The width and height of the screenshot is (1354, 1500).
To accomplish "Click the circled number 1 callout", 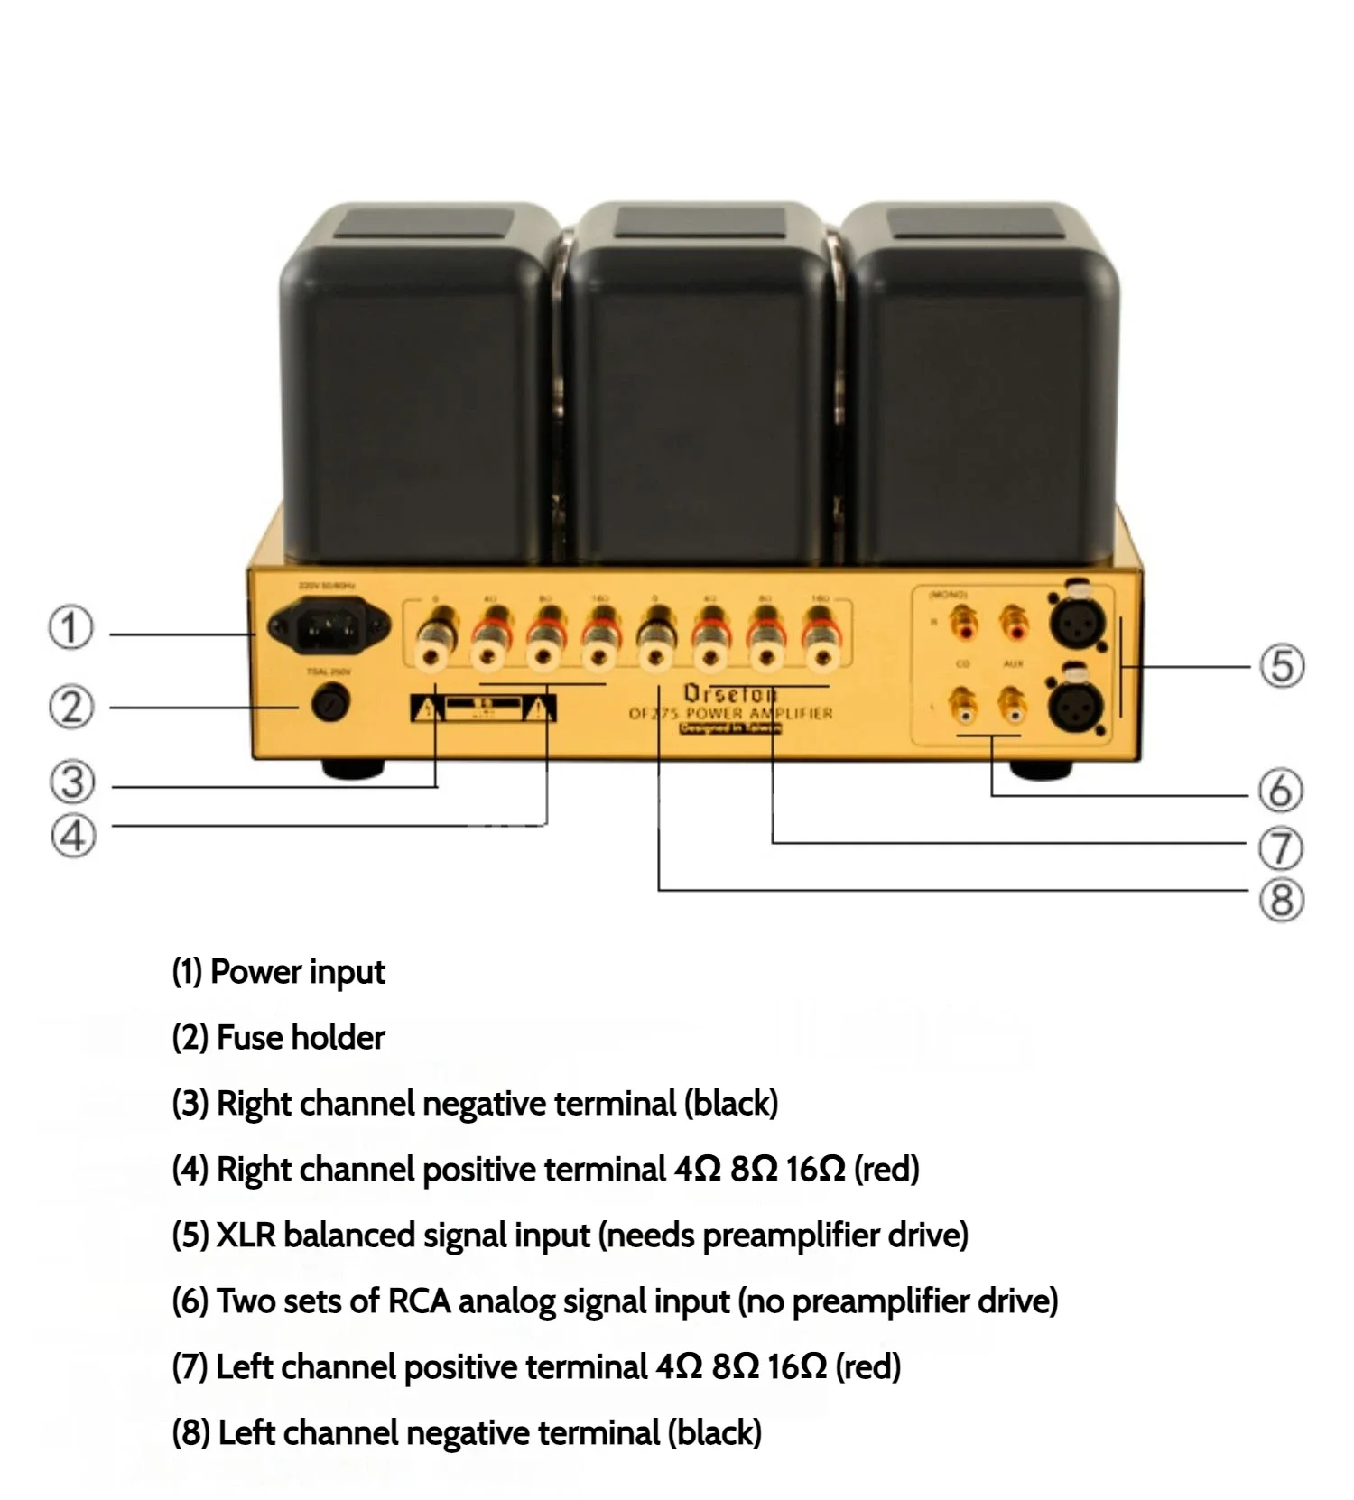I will pyautogui.click(x=70, y=627).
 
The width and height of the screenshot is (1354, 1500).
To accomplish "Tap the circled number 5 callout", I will pyautogui.click(x=1282, y=666).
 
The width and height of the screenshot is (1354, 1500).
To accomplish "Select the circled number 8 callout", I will pyautogui.click(x=1282, y=900).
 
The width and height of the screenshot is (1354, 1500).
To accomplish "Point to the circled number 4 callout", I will pyautogui.click(x=72, y=836).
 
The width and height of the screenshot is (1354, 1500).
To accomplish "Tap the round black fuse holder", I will pyautogui.click(x=330, y=703).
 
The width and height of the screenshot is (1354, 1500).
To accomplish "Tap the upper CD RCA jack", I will pyautogui.click(x=965, y=623).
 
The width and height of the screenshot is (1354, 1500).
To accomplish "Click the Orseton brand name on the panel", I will pyautogui.click(x=728, y=694).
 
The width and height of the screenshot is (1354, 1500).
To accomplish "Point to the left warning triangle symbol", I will pyautogui.click(x=425, y=710).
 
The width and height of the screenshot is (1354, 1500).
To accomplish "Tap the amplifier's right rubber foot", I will pyautogui.click(x=1040, y=771).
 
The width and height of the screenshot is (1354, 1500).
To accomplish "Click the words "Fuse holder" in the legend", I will pyautogui.click(x=301, y=1038).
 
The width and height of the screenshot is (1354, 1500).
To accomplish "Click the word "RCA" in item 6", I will pyautogui.click(x=419, y=1301).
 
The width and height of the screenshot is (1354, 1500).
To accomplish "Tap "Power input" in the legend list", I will pyautogui.click(x=297, y=972).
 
